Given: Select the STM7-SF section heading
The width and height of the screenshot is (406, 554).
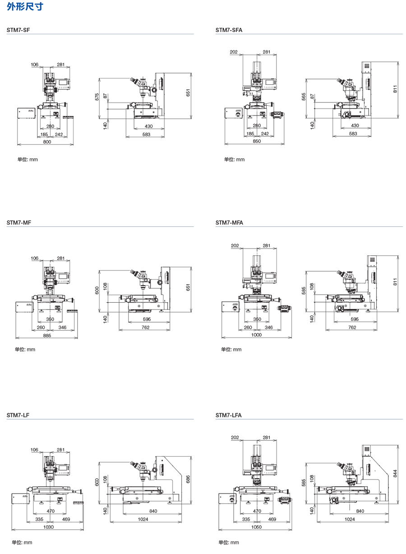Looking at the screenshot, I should [x=18, y=30].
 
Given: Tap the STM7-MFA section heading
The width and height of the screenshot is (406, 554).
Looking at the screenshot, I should [x=229, y=222].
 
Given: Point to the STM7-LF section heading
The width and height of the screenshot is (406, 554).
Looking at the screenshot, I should [x=18, y=415].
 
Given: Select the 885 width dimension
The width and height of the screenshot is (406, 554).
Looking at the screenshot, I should [x=47, y=336].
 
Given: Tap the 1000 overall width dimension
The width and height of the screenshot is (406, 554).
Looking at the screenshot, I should [x=256, y=335].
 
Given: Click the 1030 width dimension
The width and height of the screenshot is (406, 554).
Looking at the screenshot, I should [x=48, y=527].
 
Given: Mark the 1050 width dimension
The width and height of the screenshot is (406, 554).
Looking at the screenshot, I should [x=257, y=527].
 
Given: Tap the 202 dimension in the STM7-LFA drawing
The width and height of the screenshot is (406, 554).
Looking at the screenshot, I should [x=235, y=438].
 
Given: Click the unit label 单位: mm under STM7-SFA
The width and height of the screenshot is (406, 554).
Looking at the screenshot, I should [x=234, y=159].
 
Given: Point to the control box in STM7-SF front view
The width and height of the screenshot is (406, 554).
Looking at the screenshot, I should [x=26, y=113].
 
